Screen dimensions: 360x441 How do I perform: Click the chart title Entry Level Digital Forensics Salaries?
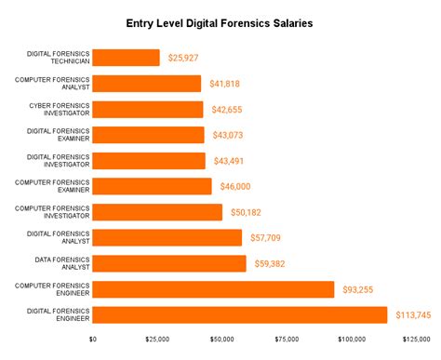[220, 21]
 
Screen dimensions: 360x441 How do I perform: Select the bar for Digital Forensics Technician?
[127, 58]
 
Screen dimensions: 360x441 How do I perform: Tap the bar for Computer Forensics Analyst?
[148, 84]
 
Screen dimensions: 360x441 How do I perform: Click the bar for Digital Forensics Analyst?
[168, 237]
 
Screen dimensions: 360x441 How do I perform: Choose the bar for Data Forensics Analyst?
[170, 263]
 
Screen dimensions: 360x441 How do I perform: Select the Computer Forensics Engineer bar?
[214, 289]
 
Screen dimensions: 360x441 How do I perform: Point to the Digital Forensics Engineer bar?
[240, 314]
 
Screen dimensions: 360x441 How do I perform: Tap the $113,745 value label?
[413, 314]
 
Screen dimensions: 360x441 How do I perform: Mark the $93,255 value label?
[360, 289]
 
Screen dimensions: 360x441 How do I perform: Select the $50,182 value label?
[247, 212]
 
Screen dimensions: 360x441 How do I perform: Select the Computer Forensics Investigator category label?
[54, 212]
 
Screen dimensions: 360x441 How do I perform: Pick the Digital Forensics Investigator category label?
[57, 160]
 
